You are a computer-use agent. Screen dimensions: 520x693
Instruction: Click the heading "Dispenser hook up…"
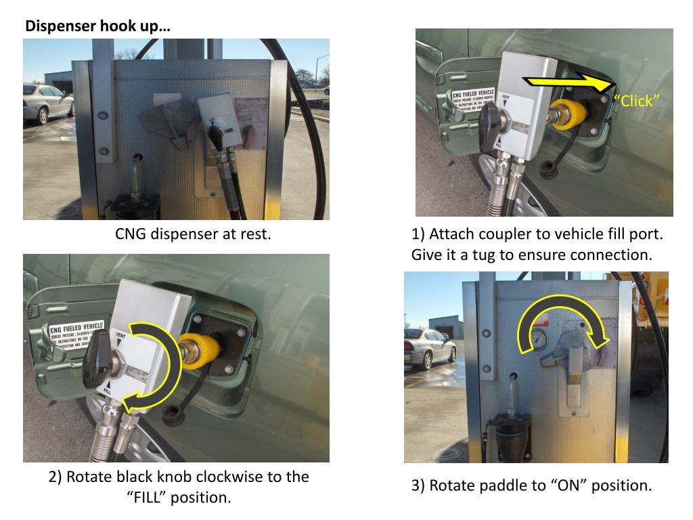point(97,27)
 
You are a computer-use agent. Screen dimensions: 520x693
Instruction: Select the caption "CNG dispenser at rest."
point(193,235)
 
